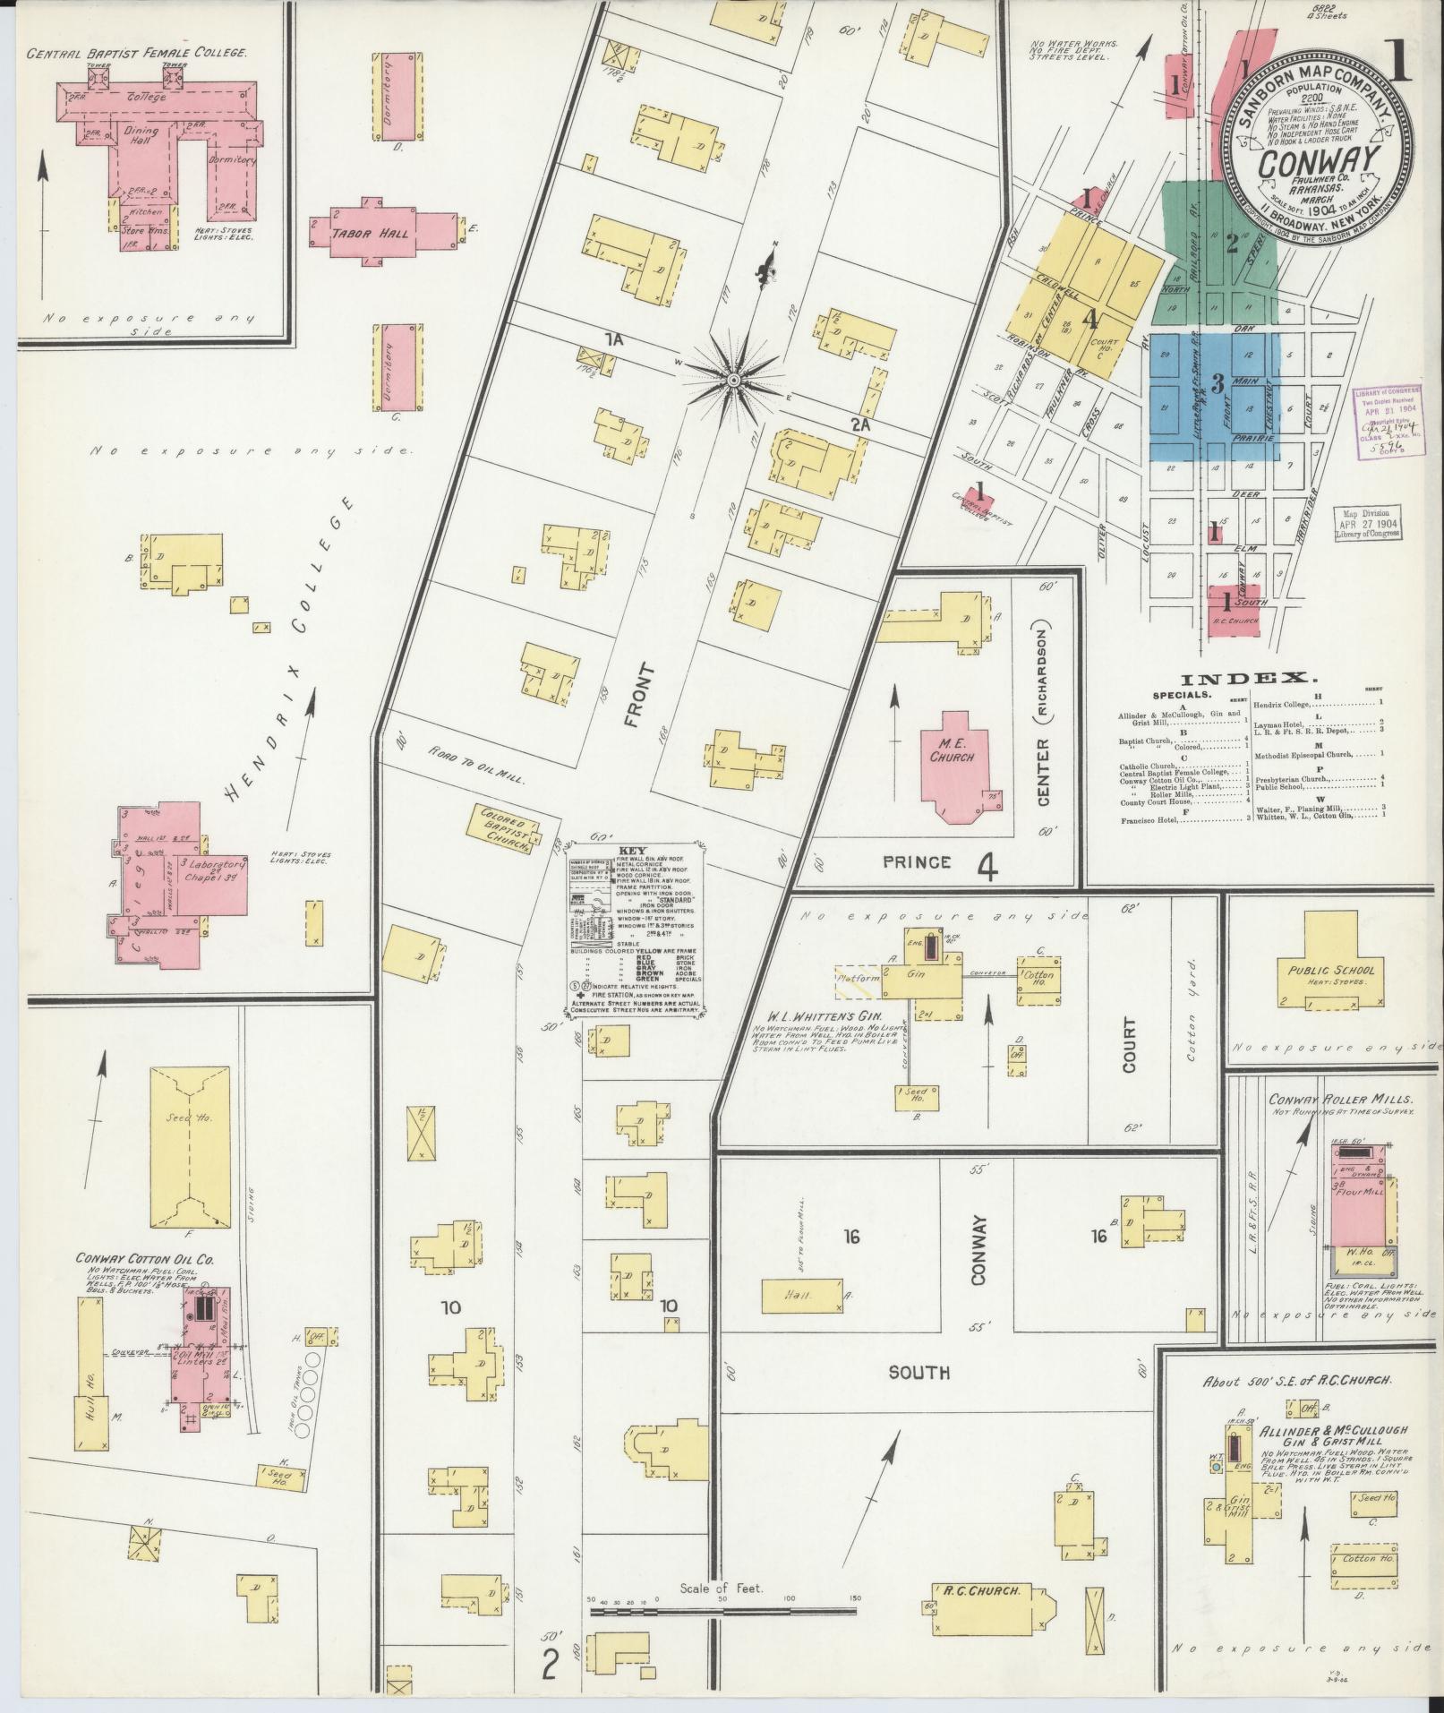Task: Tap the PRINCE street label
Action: pyautogui.click(x=916, y=861)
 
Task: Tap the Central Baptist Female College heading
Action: pyautogui.click(x=136, y=53)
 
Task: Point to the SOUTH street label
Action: pyautogui.click(x=919, y=1372)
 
